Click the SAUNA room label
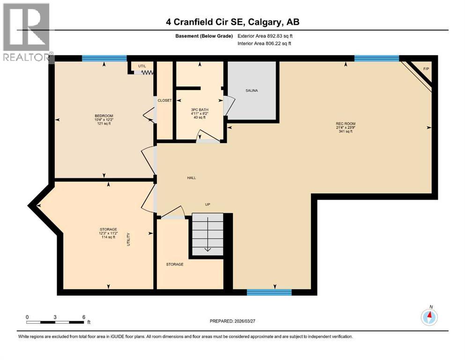251,90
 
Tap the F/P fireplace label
426,69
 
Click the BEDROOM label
103,116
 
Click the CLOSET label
164,101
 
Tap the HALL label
192,178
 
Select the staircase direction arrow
207,249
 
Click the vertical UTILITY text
128,239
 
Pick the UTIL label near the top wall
135,66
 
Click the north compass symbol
429,317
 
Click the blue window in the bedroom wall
104,59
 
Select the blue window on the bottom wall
269,292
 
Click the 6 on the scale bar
83,317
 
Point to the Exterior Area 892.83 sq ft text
266,36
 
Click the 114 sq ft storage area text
107,237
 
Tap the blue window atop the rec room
376,59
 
